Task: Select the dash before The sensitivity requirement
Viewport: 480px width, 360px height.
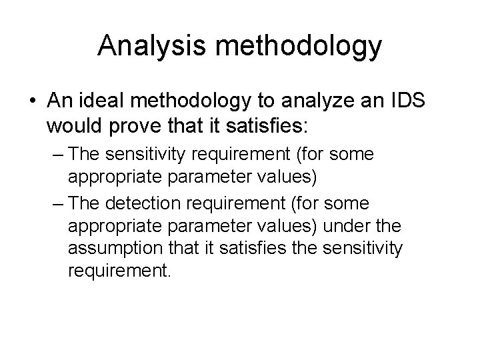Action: (57, 155)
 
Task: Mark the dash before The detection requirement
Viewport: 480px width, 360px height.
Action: (57, 203)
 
